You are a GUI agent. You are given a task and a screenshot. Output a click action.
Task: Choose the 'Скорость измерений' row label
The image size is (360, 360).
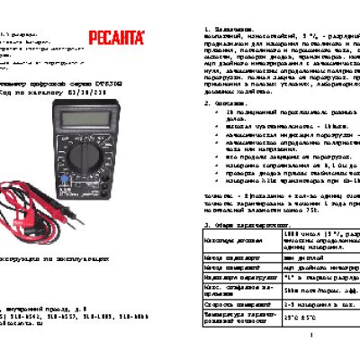(233, 304)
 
